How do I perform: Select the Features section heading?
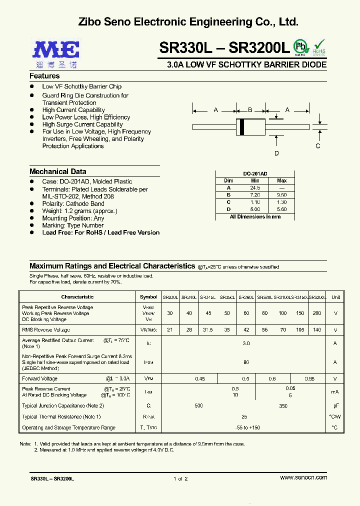point(44,76)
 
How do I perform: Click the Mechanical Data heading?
point(57,171)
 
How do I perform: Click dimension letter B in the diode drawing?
point(250,109)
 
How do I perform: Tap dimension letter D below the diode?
point(276,153)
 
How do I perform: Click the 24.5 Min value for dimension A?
point(255,187)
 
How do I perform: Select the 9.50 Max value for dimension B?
point(281,195)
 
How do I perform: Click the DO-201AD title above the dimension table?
point(255,173)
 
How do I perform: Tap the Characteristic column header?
point(77,297)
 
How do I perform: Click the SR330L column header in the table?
point(170,297)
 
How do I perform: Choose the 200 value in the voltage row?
point(316,313)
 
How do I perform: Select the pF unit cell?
point(335,406)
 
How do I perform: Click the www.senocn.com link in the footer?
point(304,477)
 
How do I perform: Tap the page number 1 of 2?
point(180,478)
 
